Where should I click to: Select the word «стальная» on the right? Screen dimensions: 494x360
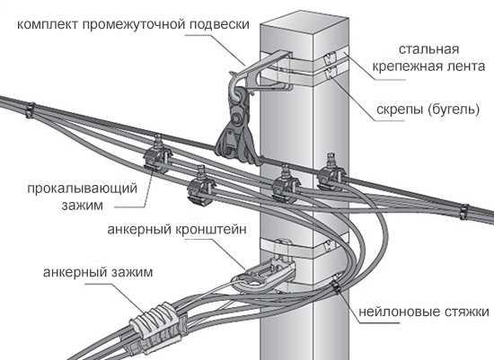coord(428,49)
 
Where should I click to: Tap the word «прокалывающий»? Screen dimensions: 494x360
coord(83,189)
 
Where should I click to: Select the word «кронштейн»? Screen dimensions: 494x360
coord(210,229)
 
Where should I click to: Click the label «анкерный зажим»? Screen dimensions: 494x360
coord(98,272)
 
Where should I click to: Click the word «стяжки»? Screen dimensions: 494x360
coord(467,312)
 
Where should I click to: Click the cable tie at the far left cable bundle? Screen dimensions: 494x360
coord(30,110)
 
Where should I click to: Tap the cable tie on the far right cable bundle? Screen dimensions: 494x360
coord(464,212)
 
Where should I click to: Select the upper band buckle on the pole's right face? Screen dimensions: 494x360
coord(331,57)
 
